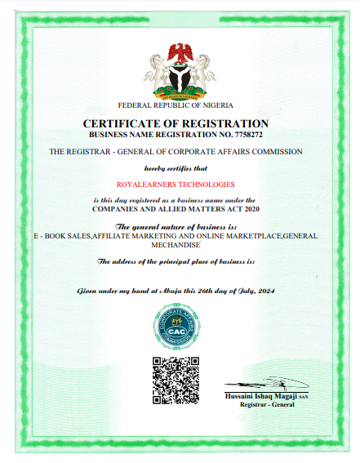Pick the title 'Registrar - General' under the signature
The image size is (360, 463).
point(264,405)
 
